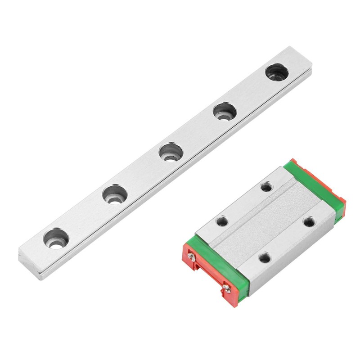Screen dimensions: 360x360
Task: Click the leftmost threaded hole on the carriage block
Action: point(221,221)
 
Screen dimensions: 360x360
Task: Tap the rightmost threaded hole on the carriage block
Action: point(308,222)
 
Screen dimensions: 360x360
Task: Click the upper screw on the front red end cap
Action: point(193,257)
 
